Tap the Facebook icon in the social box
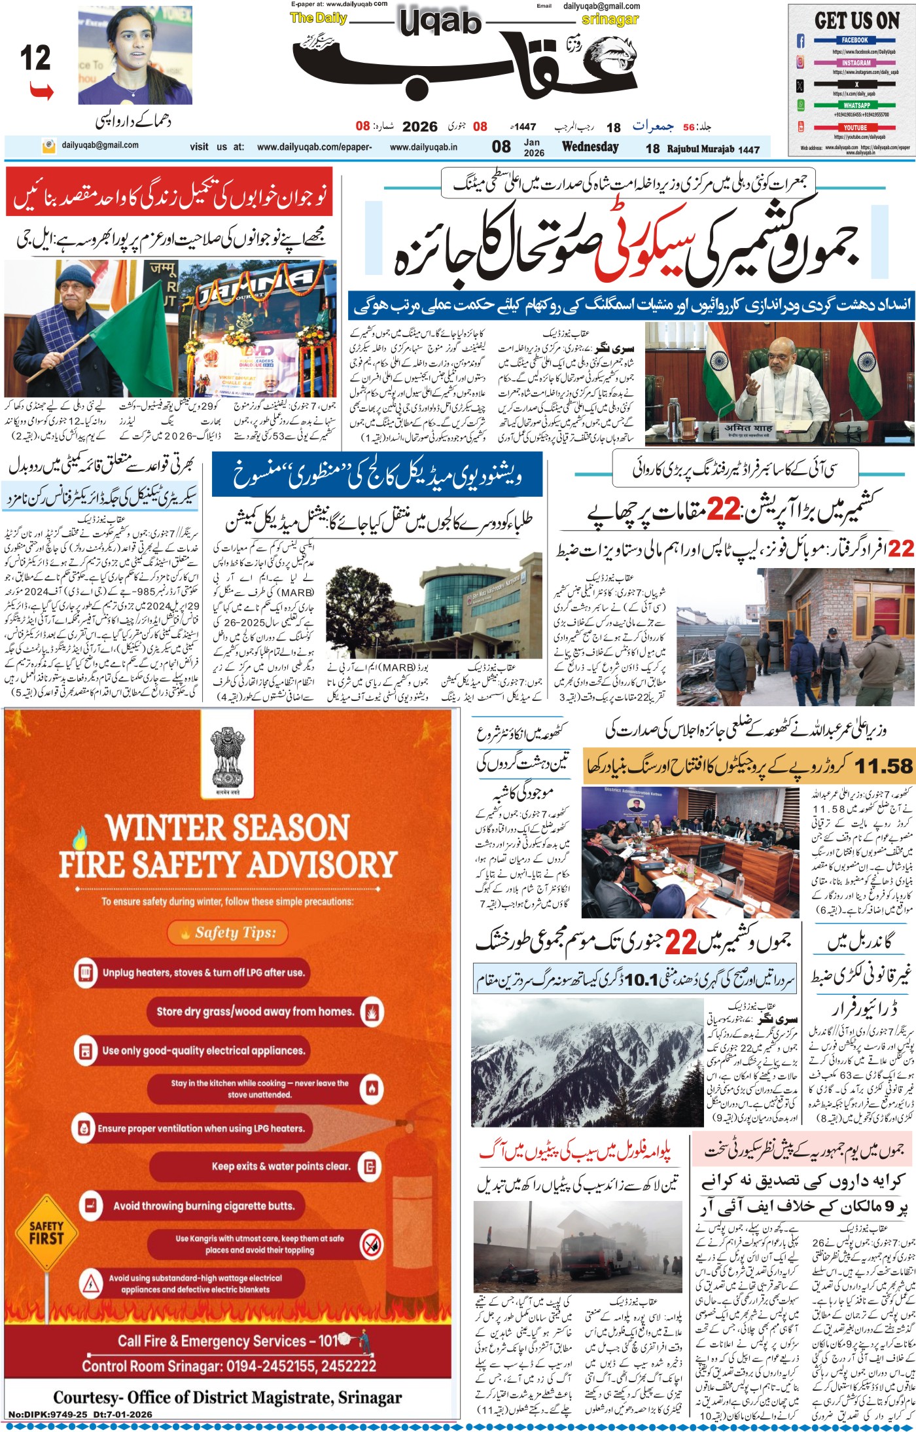click(800, 41)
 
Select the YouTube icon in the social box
click(800, 127)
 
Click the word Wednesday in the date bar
click(590, 147)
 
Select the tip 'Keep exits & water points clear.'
click(281, 1166)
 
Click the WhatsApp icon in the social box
click(800, 105)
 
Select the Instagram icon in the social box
click(800, 62)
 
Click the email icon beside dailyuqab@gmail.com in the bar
click(47, 145)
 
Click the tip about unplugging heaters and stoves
click(203, 973)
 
